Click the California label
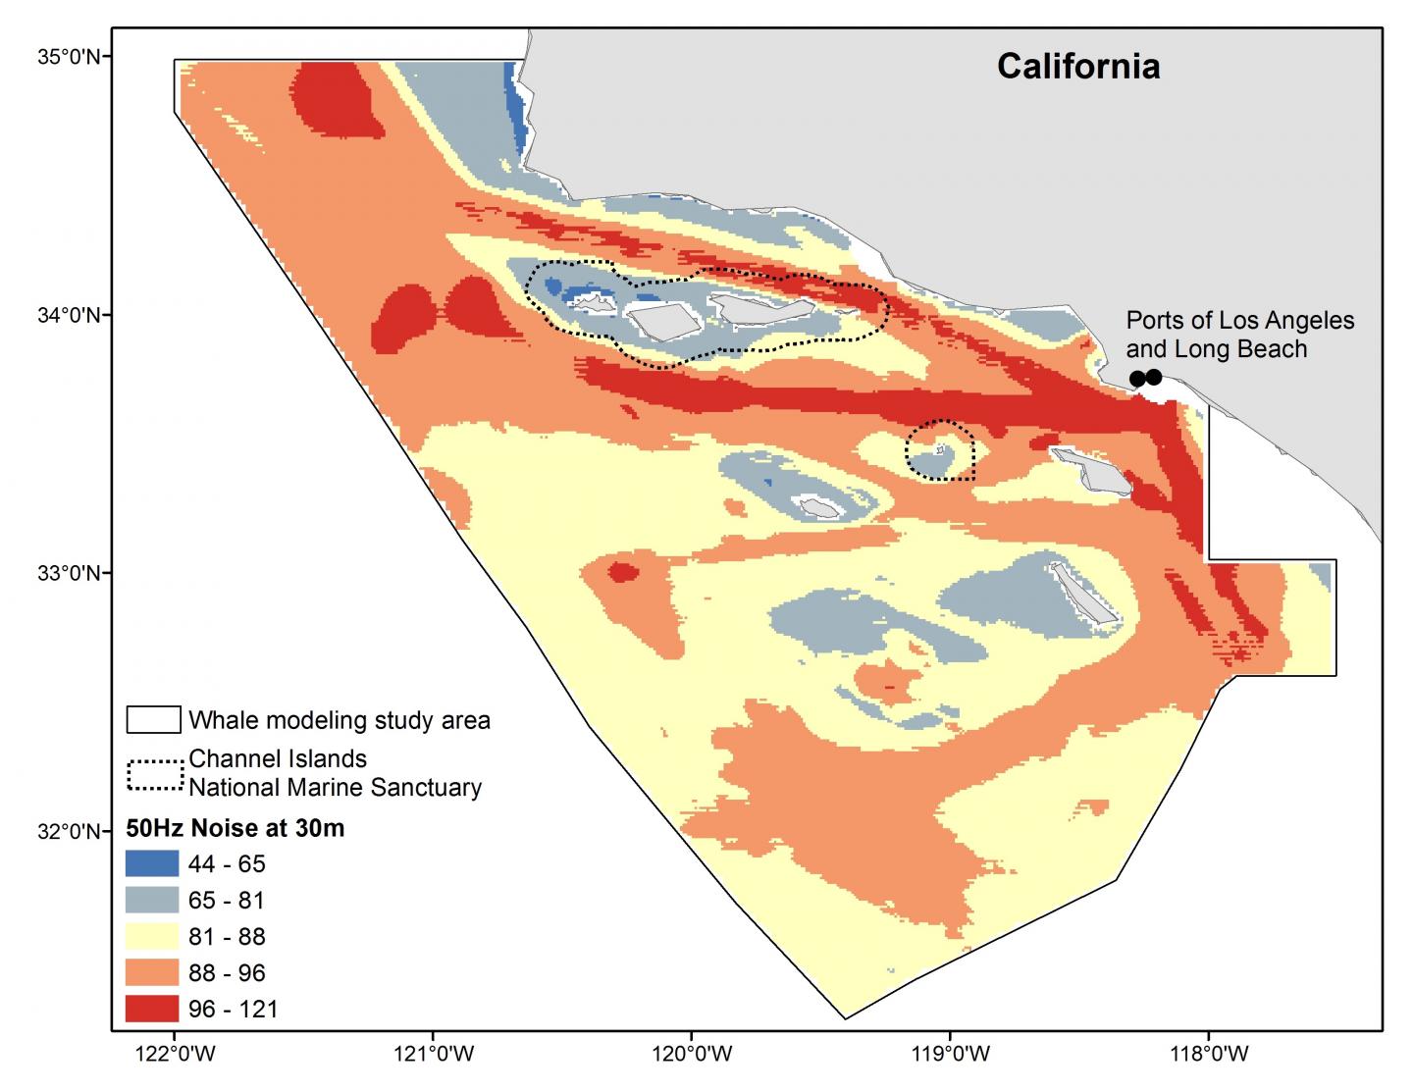coord(1078,67)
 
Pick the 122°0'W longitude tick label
coord(176,1056)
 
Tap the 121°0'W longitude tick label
coord(434,1056)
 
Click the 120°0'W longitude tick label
coord(692,1056)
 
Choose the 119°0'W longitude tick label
coord(950,1056)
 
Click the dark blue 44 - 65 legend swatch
coord(153,864)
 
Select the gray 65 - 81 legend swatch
coord(153,901)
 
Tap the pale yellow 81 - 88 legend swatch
coord(153,937)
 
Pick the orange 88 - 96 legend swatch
coord(153,973)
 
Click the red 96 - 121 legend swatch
coord(153,1009)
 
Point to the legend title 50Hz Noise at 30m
coord(235,829)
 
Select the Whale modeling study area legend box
coord(154,720)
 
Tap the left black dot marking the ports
coord(1137,379)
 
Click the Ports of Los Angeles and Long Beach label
coord(1239,335)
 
